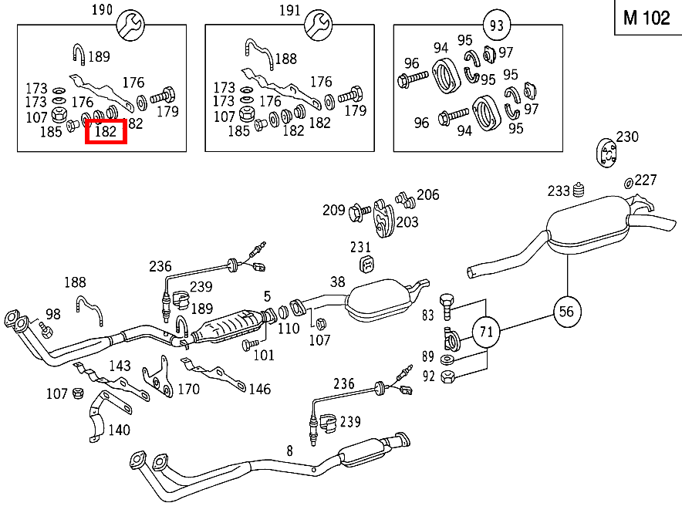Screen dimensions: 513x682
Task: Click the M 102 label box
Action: point(647,18)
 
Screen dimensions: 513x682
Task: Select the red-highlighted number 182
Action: point(105,132)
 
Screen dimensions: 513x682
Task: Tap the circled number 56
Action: point(567,311)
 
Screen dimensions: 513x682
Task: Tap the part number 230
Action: point(627,137)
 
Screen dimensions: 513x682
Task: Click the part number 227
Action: point(646,180)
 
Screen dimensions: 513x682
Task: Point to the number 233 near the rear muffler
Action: point(559,191)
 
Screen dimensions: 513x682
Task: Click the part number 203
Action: point(407,221)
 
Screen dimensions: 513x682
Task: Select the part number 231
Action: point(360,248)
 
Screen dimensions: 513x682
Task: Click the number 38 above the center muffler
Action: point(337,282)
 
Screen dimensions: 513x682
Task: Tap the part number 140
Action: point(119,430)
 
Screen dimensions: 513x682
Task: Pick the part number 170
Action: point(188,389)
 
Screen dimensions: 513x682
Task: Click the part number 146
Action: point(259,389)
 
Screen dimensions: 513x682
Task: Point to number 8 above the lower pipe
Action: point(289,450)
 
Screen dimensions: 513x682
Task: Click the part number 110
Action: point(289,329)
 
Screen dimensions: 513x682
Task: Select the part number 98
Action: point(52,313)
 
